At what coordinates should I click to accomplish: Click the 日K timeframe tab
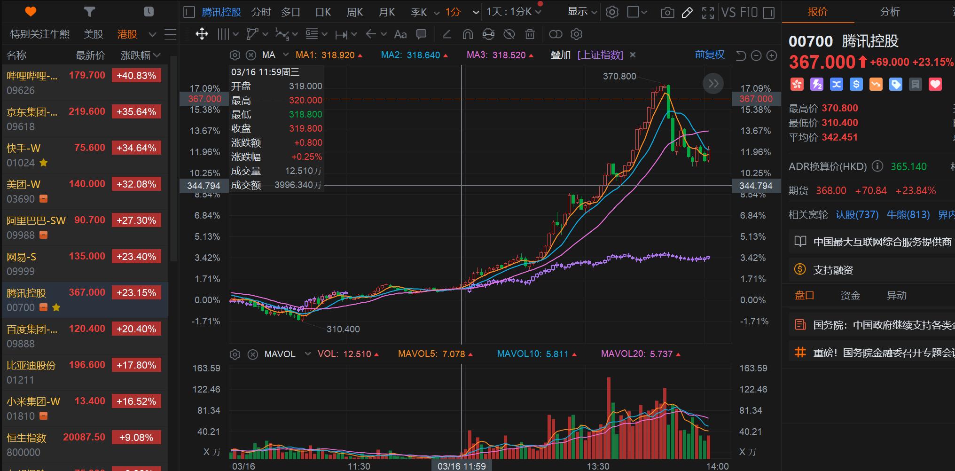click(323, 12)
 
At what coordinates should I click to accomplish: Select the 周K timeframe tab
click(354, 12)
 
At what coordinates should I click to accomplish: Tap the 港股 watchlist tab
click(127, 34)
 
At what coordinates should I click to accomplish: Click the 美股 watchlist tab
click(93, 34)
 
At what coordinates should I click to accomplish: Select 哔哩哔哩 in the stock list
click(32, 76)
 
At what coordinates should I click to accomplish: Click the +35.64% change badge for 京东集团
click(136, 112)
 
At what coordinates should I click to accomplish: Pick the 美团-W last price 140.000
click(87, 184)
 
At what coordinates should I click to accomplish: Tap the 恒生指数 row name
click(26, 438)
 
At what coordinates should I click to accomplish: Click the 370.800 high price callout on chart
click(619, 76)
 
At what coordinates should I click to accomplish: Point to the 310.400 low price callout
click(343, 329)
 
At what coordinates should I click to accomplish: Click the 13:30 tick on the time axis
click(598, 466)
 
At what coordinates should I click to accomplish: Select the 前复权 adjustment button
click(709, 55)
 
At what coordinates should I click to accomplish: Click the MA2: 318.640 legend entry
click(410, 55)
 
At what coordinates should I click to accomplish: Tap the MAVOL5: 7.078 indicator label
click(431, 354)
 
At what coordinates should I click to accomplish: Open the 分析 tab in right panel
click(890, 12)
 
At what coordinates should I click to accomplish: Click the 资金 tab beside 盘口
click(850, 296)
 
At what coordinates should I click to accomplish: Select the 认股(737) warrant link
click(857, 215)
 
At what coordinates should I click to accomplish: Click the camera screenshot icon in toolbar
click(667, 13)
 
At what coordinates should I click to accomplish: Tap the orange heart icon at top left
click(31, 12)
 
